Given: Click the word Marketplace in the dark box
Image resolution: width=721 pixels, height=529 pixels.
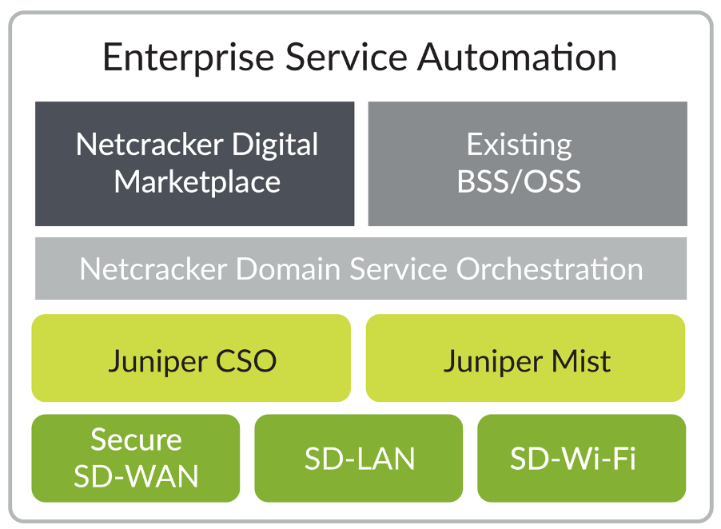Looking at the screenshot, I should (x=197, y=182).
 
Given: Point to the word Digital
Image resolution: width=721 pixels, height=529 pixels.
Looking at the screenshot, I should (x=275, y=145).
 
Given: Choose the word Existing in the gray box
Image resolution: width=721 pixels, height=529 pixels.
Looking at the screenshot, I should (x=520, y=145).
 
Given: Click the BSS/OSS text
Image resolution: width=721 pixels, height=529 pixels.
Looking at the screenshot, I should (x=520, y=182).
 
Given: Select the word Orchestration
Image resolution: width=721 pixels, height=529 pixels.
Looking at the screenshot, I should (x=549, y=269).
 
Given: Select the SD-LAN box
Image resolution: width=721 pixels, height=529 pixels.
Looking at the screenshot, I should (x=359, y=459).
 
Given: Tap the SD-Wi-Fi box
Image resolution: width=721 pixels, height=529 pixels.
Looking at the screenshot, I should (x=581, y=459).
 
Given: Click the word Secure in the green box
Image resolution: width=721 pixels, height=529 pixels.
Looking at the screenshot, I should (x=136, y=440).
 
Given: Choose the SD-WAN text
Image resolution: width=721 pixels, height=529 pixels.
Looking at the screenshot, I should (x=136, y=476).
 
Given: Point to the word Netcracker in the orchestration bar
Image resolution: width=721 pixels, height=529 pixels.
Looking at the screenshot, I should (x=152, y=269).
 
